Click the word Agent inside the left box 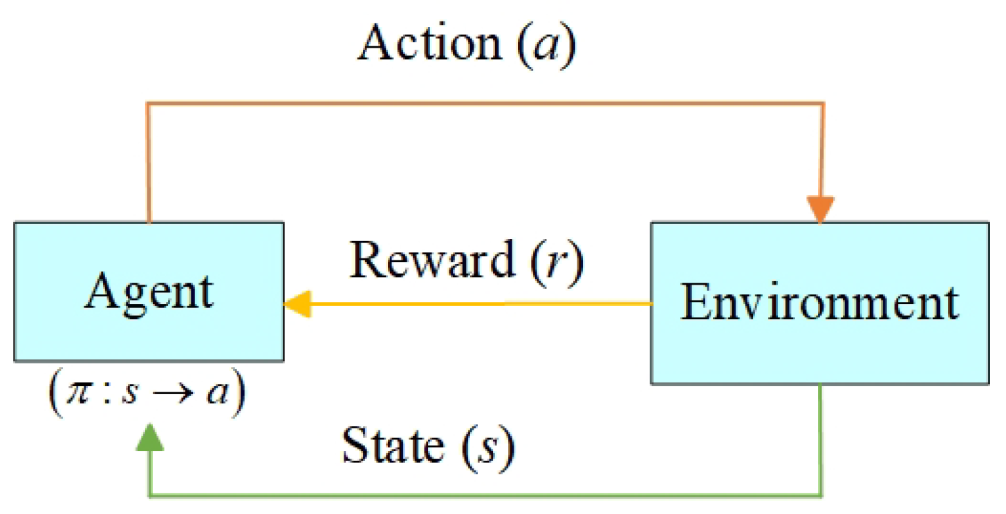click(x=149, y=292)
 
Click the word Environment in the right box click(x=820, y=303)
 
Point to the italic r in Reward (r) click(x=555, y=263)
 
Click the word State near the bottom click(x=392, y=446)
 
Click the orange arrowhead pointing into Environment click(x=821, y=210)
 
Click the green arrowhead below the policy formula click(x=149, y=438)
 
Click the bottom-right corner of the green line click(x=821, y=495)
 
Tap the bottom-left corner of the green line click(x=150, y=495)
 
